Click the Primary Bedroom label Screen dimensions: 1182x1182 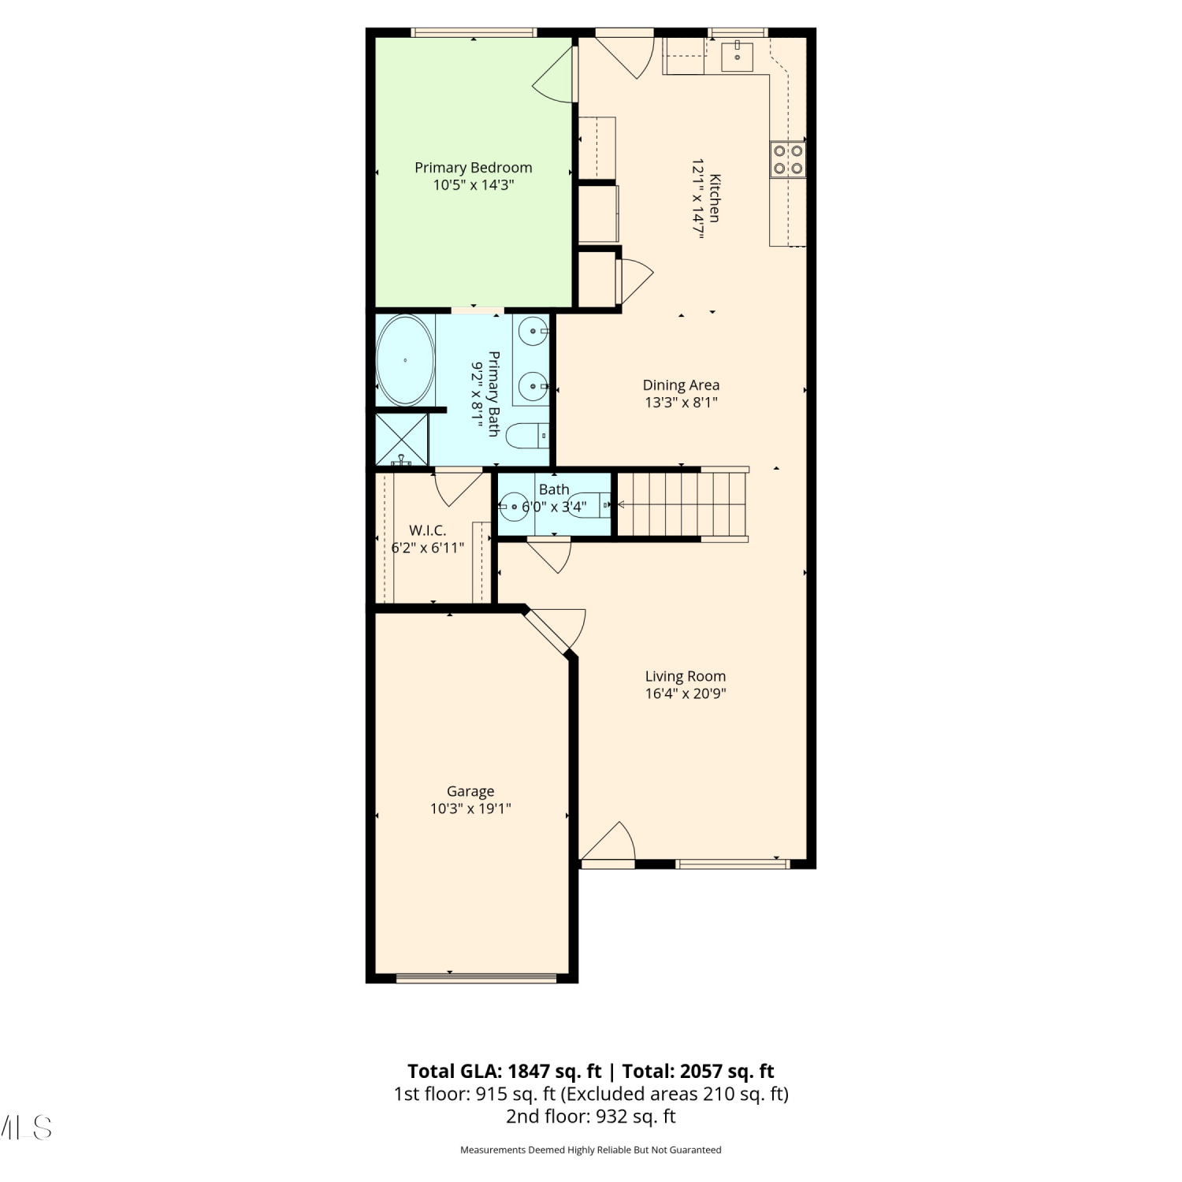pos(473,167)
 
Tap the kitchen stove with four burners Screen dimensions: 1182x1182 pos(787,159)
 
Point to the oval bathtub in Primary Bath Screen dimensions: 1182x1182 pos(405,360)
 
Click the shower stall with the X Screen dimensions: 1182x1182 pos(402,439)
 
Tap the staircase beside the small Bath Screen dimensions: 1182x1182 pos(682,504)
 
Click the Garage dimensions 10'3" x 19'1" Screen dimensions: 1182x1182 pos(470,808)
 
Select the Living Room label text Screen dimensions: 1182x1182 pos(686,676)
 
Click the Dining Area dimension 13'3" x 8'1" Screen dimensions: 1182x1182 pos(681,403)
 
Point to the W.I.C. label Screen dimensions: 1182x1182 pos(427,530)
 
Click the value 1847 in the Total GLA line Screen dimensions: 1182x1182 pos(528,1072)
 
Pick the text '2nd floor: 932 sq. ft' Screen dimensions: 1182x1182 pos(591,1117)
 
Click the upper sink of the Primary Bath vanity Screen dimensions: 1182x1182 pos(533,333)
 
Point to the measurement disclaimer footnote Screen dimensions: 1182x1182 pos(591,1150)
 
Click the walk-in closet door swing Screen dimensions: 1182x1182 pos(458,488)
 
